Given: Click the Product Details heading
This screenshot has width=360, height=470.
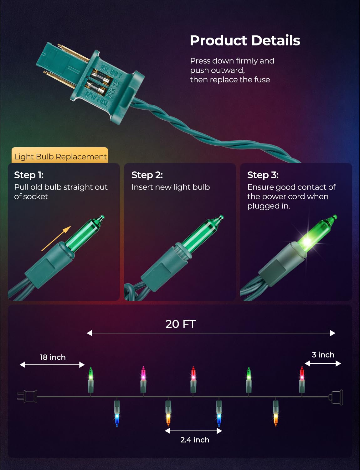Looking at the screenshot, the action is coord(245,40).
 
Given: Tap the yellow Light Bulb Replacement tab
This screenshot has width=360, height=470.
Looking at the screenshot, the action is coord(60,155).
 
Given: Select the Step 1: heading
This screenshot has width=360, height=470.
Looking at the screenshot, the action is coord(29,175).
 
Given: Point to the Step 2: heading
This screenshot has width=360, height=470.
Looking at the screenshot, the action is coord(147,175).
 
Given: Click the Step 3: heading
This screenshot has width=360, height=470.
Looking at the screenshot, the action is coord(263,175).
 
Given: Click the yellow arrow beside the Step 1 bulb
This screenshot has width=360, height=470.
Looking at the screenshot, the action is coord(56,238).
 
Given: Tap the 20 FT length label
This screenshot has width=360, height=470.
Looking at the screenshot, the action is coord(181,324).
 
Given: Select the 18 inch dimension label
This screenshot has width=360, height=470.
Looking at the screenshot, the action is coord(53,357).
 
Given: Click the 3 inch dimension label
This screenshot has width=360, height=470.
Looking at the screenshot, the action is coord(323,355).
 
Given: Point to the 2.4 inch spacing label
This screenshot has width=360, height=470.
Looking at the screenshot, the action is coord(195,440).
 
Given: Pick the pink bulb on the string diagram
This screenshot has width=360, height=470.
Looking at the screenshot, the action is coord(143,379).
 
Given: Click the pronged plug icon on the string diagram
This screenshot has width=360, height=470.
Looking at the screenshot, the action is coord(27,396).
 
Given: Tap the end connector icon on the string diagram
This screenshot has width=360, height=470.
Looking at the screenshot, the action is coord(336,397).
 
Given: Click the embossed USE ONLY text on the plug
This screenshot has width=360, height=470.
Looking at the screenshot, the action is coord(111,72).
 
